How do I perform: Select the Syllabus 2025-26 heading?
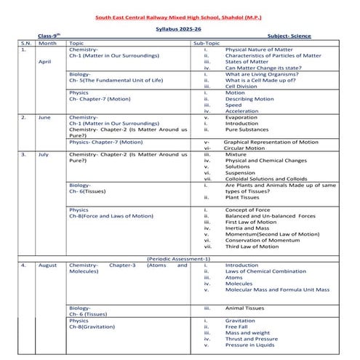point(181,29)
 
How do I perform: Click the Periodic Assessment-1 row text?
point(179,258)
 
